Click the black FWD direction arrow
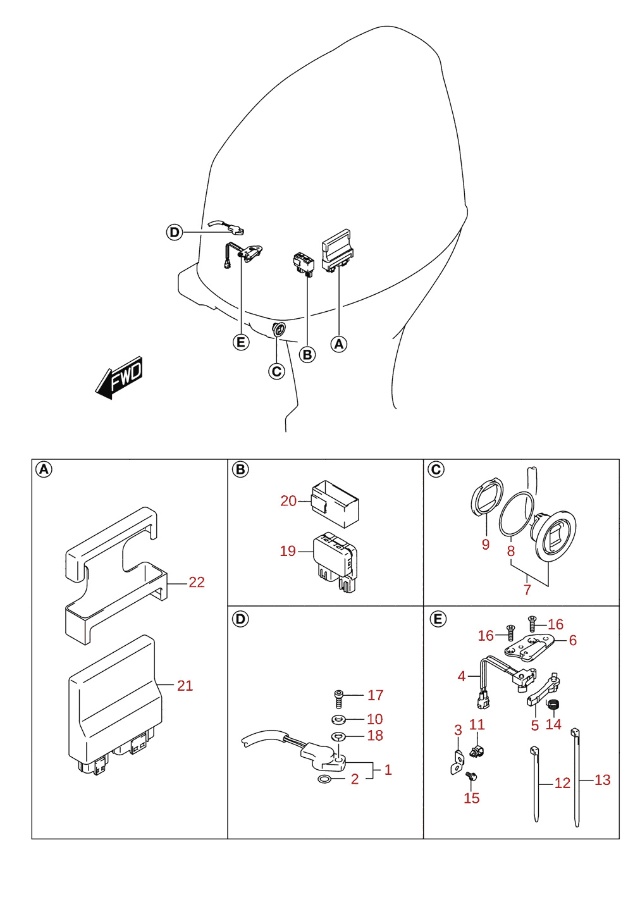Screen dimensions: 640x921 (x=119, y=378)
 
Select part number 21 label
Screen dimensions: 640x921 (x=185, y=686)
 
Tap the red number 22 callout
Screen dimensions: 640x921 (x=197, y=582)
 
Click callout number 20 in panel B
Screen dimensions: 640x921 (x=288, y=501)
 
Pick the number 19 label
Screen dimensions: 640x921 (x=288, y=551)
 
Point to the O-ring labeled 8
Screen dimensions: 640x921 (x=517, y=514)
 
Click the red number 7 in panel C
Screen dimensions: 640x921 (x=527, y=590)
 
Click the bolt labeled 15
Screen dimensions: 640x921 (x=471, y=777)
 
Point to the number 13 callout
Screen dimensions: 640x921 (x=603, y=779)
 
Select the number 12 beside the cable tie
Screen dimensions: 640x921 (x=562, y=783)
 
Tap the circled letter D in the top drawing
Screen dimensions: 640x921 (x=175, y=232)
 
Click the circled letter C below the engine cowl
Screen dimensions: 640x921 (x=276, y=371)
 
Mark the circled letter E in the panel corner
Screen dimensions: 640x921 (x=438, y=619)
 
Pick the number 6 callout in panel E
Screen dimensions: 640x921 (x=572, y=640)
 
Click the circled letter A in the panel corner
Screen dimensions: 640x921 (x=44, y=469)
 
